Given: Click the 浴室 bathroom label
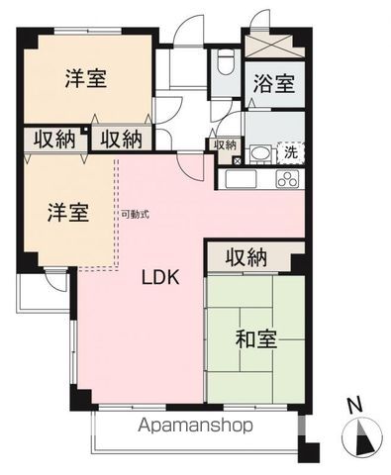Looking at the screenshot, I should tap(272, 84).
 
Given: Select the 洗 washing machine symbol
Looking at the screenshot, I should tap(290, 152).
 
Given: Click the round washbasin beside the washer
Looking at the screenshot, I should tap(261, 152).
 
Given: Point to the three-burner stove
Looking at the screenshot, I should tap(288, 180).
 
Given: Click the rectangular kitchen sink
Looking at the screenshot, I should tap(241, 180).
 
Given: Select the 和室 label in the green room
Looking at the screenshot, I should tap(255, 338).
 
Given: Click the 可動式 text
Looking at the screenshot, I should tap(136, 214).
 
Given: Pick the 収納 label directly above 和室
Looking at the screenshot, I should tap(247, 257).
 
